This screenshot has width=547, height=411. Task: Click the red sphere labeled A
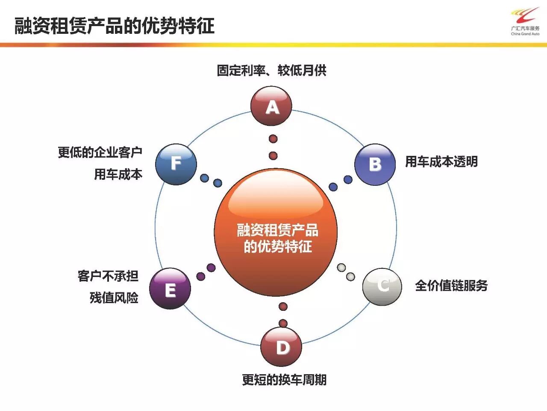pos(271,106)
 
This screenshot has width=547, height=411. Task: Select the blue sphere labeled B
pos(375,164)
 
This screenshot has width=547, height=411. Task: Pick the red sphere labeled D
pos(281,347)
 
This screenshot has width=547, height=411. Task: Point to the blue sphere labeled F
pos(176,164)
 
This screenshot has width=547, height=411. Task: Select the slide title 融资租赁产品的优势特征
pos(115,26)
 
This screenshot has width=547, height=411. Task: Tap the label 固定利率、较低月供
pos(271,70)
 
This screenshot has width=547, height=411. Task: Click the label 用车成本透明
pos(441,162)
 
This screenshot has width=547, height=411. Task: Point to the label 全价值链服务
pos(451,286)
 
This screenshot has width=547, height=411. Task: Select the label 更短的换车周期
pos(284,379)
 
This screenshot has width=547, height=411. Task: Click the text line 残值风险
pos(114,298)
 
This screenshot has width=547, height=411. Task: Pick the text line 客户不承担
pos(108,276)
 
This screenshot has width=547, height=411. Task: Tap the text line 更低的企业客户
pos(100,152)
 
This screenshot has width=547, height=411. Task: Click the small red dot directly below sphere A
pos(273,139)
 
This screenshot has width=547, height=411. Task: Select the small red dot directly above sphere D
pos(283,323)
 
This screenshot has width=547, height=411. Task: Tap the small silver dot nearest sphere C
pos(350,277)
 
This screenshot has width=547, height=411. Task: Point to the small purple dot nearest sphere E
pos(201,276)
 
